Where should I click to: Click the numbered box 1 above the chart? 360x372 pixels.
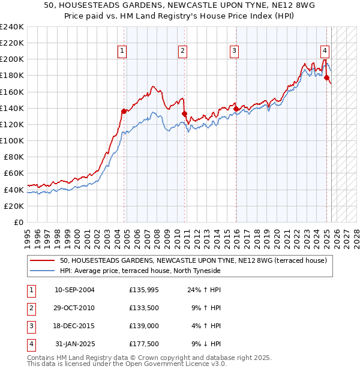pos(122,52)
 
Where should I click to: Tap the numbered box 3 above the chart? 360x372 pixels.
pos(234,52)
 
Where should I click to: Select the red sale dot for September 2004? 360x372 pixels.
pos(124,111)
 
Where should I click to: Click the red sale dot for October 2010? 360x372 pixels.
pos(185,113)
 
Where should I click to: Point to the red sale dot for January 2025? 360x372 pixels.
pos(327,77)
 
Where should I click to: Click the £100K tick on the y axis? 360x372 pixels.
pos(12,140)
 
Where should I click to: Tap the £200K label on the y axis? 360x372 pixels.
pos(12,59)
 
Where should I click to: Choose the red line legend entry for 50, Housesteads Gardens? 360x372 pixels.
pos(193,260)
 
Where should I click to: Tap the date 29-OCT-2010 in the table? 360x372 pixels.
pos(74,308)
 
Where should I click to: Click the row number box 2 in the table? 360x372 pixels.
pos(31,308)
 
